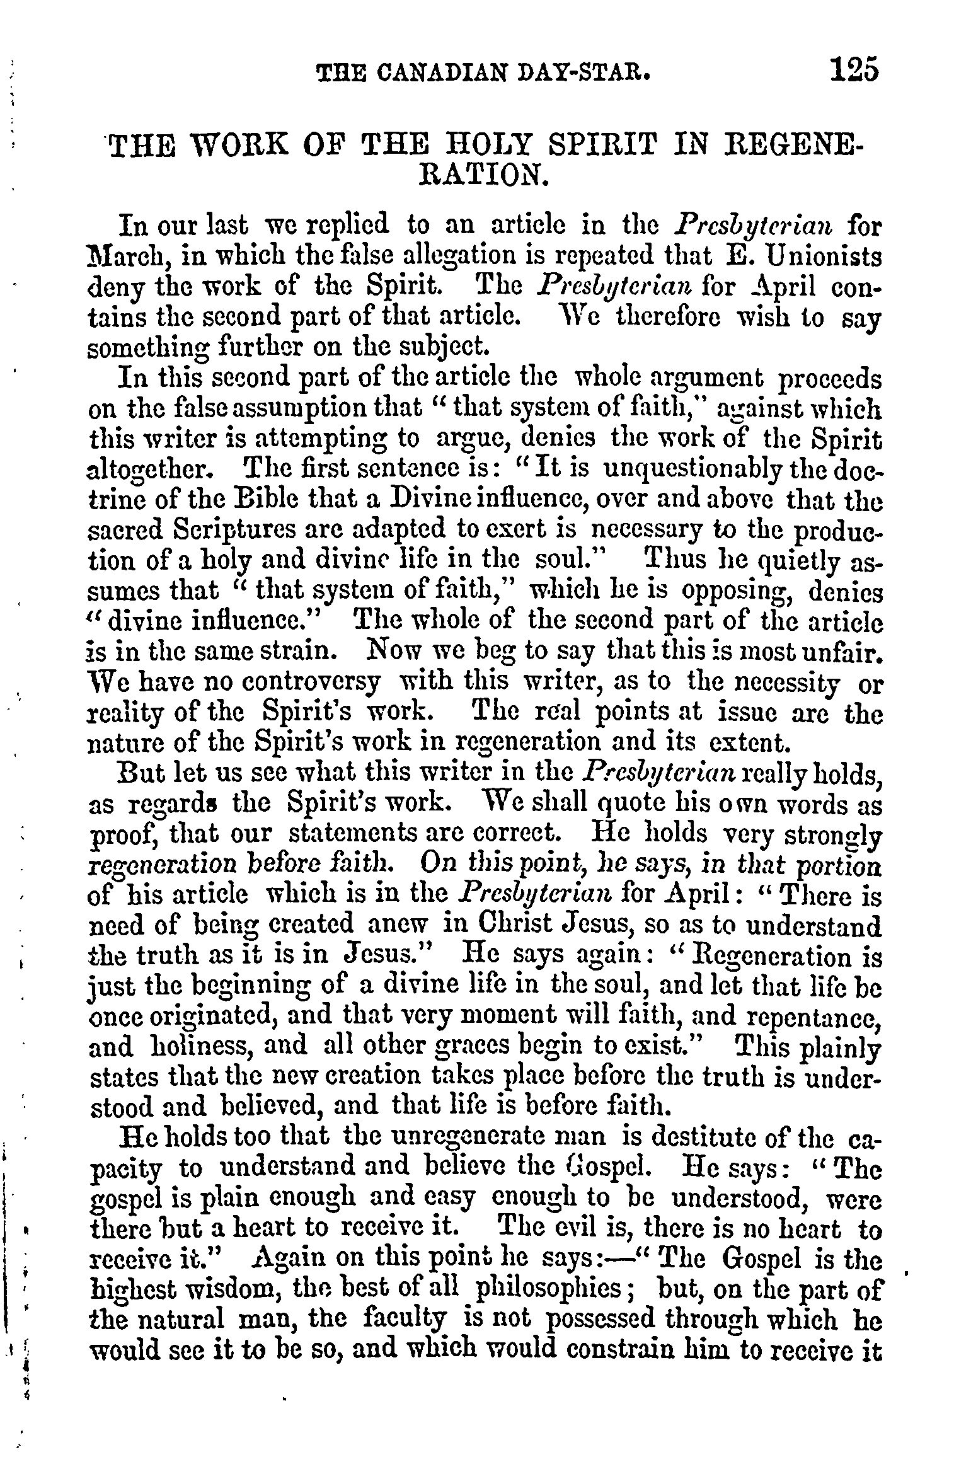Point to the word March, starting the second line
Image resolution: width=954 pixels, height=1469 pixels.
[x=123, y=257]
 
